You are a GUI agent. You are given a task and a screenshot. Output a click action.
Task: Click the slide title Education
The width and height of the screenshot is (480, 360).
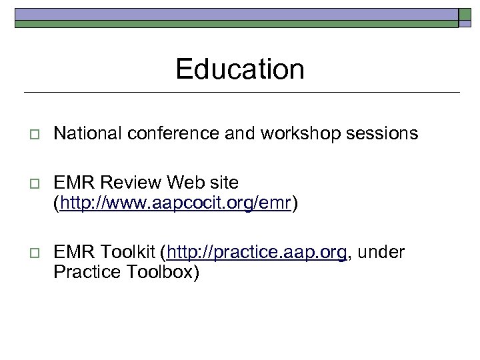(240, 69)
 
